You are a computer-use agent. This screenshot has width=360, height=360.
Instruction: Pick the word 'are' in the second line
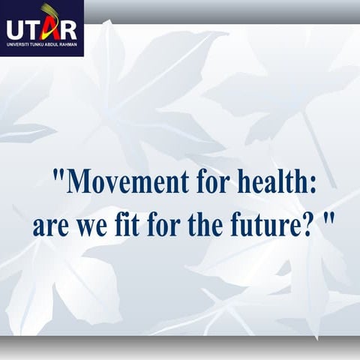50,225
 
